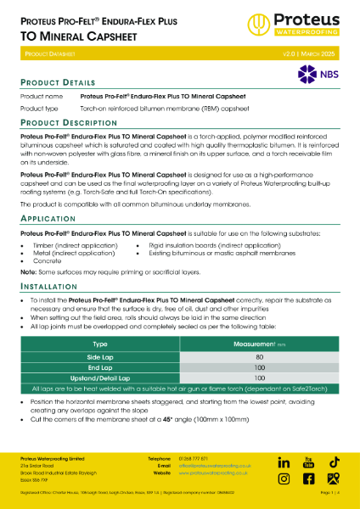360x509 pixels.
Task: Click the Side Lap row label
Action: click(99, 357)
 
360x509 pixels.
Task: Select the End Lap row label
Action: click(99, 367)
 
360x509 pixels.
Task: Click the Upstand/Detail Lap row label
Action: click(99, 378)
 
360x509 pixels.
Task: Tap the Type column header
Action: click(99, 344)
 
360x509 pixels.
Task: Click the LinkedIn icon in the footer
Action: click(284, 462)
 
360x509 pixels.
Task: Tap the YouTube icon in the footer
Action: click(309, 462)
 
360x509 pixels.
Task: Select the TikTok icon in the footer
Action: click(335, 462)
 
